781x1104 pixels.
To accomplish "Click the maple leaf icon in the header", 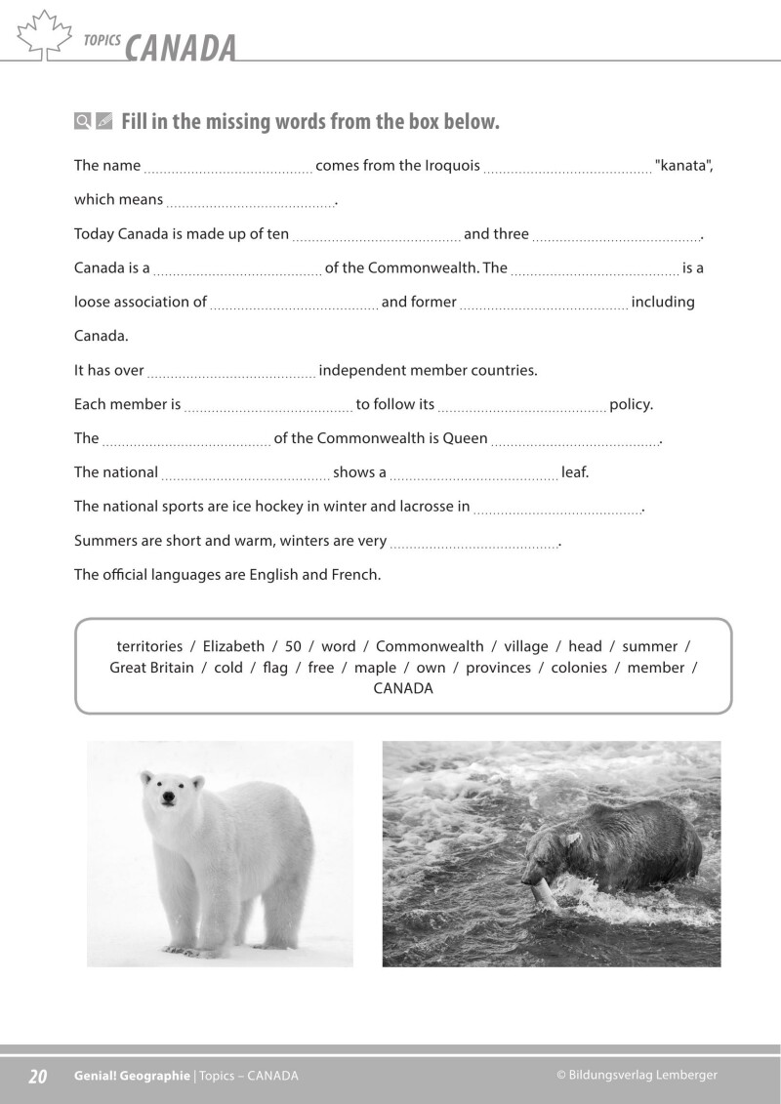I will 45,35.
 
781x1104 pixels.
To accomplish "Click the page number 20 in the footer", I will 38,1076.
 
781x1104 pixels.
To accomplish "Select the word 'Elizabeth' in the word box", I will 233,646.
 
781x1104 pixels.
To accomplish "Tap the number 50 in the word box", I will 293,646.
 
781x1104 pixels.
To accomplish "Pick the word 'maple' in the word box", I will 375,668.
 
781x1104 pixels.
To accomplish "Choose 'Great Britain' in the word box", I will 151,668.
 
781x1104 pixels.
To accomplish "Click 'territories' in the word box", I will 149,646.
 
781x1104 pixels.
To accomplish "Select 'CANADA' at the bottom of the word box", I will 403,688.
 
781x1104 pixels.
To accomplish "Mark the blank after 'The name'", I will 228,168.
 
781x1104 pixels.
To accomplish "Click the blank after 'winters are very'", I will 473,544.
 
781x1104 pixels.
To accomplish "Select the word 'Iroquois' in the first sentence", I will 452,165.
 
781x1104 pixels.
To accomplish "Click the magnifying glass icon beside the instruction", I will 83,121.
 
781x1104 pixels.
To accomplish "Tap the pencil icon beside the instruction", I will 104,121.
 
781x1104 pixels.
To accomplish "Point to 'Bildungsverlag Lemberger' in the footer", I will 642,1075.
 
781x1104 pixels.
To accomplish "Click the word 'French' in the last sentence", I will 354,575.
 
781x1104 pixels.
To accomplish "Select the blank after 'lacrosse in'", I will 557,510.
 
